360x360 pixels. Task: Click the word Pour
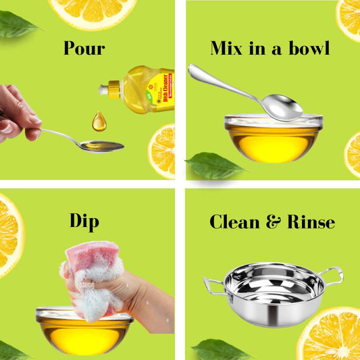click(84, 49)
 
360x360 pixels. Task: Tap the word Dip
click(84, 221)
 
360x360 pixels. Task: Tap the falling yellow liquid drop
click(99, 122)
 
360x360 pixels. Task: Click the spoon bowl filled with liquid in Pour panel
click(102, 146)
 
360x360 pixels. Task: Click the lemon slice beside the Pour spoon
click(162, 150)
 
